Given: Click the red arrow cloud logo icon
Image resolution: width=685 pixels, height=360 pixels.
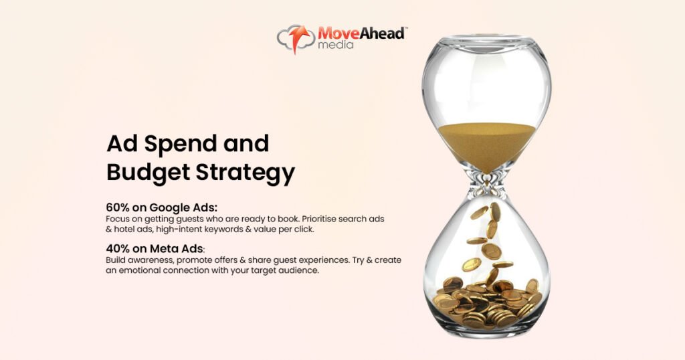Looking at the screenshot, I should click(x=296, y=38).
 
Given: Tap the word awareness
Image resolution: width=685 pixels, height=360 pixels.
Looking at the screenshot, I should click(x=144, y=260).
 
